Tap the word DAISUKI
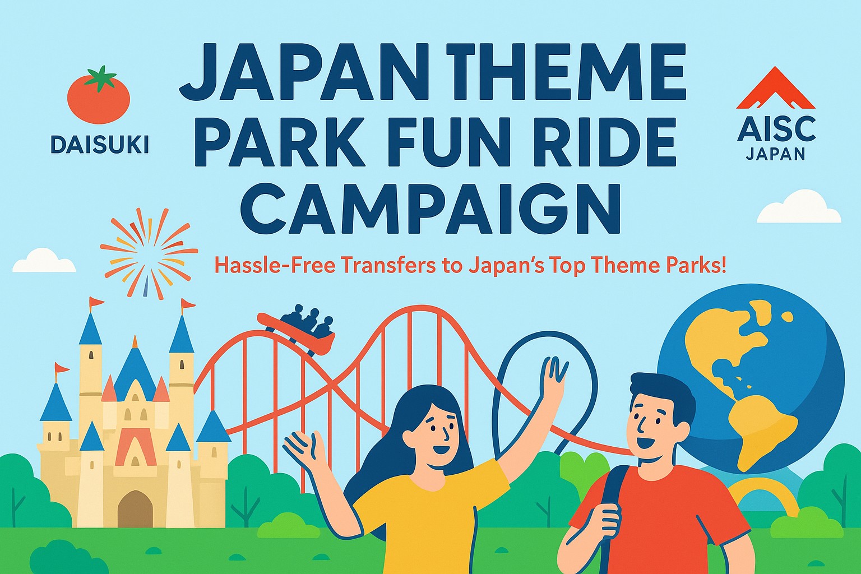(100, 145)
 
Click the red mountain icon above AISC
(776, 89)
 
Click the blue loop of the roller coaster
(538, 387)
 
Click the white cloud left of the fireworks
(44, 261)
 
